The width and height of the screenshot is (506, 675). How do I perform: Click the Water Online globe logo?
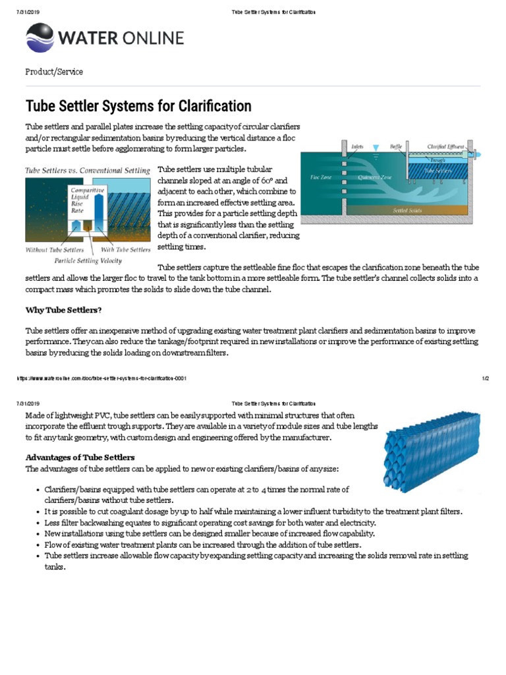(40, 38)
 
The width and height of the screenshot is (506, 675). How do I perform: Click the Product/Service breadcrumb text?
(54, 72)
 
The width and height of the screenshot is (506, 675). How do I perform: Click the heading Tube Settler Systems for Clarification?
(138, 106)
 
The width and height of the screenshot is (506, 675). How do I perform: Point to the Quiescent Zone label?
(374, 177)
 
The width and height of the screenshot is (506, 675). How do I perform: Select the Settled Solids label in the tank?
(407, 210)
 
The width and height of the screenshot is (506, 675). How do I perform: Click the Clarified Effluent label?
(446, 146)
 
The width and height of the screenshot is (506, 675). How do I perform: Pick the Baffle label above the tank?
(395, 146)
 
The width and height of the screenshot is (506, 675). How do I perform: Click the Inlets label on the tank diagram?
(357, 146)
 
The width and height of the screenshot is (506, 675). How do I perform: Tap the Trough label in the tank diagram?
(438, 160)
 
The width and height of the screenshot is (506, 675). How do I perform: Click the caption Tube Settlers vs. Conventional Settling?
(88, 170)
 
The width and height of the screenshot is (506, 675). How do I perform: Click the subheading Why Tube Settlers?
(64, 310)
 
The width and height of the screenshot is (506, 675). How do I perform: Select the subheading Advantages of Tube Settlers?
(80, 457)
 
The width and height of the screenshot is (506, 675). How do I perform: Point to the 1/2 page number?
(485, 378)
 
